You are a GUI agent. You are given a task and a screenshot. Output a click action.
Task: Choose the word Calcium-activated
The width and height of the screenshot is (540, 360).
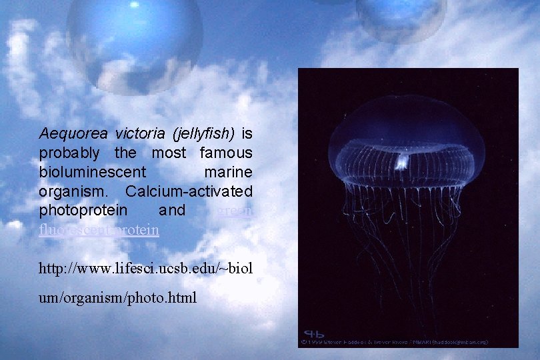tap(188, 191)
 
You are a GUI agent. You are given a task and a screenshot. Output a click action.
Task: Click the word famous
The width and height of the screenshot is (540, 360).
tap(225, 153)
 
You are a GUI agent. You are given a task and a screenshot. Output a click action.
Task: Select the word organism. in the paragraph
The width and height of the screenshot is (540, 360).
tap(74, 191)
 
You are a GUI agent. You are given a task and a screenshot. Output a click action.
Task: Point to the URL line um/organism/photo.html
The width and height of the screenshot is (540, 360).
tap(117, 297)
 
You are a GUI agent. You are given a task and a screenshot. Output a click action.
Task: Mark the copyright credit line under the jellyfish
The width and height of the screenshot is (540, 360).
tap(396, 342)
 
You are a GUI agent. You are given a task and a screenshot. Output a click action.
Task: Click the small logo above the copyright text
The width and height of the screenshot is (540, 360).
tap(315, 333)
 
